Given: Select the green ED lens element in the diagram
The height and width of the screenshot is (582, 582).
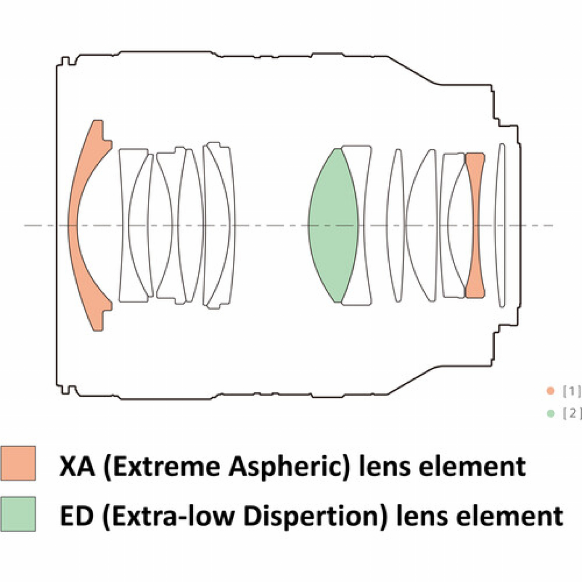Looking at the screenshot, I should point(333,225).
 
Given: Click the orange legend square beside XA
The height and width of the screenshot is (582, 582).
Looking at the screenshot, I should point(18,463).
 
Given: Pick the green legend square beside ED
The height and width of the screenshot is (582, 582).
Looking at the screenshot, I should point(18,514).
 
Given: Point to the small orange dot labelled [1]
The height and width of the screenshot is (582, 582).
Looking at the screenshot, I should point(551,391).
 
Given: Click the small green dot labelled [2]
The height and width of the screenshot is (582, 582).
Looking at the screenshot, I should point(551,413).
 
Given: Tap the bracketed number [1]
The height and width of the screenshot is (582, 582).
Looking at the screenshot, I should point(571,391).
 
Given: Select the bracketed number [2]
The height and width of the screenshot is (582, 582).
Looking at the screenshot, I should point(571,413).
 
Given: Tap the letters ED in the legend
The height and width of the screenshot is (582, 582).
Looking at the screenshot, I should point(76,516).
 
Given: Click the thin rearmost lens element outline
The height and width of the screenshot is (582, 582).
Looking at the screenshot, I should point(501,225).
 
